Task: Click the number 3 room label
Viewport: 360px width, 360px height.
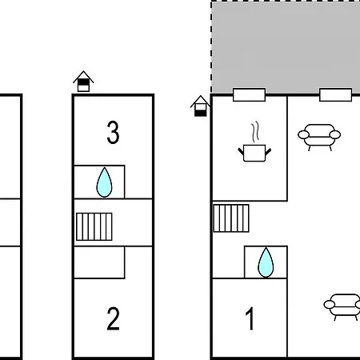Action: pos(113,132)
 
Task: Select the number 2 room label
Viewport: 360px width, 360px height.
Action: pos(113,318)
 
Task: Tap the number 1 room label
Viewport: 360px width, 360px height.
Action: pos(250,318)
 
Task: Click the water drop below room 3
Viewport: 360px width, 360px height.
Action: pos(104,182)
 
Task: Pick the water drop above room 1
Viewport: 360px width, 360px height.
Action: pos(266,262)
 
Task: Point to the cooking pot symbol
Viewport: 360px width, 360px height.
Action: pos(254,153)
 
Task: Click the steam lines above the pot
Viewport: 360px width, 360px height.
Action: pos(255,132)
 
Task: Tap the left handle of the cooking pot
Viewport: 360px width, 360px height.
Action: pos(241,151)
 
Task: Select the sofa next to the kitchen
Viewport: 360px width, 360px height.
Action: pos(319,137)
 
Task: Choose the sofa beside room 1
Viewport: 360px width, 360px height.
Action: pos(342,307)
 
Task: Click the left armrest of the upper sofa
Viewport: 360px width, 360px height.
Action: pos(304,134)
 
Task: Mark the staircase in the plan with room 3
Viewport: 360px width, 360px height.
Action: pos(94,226)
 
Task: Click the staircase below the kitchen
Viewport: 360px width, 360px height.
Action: pos(231,218)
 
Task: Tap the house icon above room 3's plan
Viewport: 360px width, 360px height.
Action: pos(83,82)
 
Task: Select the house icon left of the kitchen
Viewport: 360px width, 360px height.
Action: pos(201,106)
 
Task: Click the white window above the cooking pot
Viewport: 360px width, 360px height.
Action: pos(249,95)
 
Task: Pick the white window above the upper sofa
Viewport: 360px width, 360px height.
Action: pos(335,95)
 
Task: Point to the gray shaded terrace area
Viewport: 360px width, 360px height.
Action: pos(286,46)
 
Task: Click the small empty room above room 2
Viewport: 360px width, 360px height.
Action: pos(99,262)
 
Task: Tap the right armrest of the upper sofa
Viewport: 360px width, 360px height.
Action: pos(335,134)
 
